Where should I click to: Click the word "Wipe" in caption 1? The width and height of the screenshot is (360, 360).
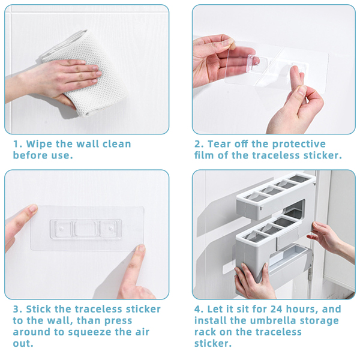(x=38, y=144)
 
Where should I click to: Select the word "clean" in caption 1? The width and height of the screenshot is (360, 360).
(x=116, y=144)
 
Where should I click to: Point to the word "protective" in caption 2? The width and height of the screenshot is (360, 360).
(x=299, y=144)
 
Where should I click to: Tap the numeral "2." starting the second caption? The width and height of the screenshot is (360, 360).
(x=199, y=144)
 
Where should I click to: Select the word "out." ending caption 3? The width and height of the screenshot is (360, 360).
(x=23, y=344)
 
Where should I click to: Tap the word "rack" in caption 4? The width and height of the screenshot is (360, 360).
(x=205, y=332)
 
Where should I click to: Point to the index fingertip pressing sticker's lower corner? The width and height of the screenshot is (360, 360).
(x=140, y=248)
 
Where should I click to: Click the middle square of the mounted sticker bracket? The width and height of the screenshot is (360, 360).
(x=85, y=229)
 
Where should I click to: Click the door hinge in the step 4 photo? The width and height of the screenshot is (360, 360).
(x=311, y=272)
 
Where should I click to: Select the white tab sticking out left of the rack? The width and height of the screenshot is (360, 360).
(x=229, y=268)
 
